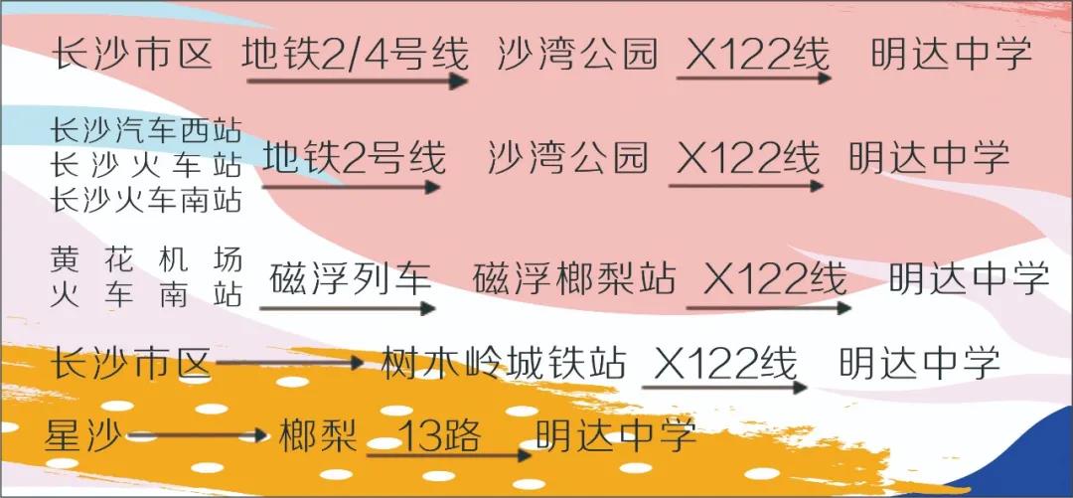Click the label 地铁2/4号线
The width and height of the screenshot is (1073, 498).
click(x=355, y=54)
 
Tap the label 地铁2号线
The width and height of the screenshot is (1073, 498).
click(x=354, y=158)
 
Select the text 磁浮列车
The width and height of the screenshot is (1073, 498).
click(x=351, y=278)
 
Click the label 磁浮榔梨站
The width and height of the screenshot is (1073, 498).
click(x=573, y=278)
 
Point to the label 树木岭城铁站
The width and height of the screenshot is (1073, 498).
click(x=503, y=363)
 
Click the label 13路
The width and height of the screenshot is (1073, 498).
click(x=441, y=435)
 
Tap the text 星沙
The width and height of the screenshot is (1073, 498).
click(x=82, y=435)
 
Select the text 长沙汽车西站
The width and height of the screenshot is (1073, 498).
click(x=146, y=131)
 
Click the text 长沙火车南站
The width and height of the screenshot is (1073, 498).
click(x=146, y=200)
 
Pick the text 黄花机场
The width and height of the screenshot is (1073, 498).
click(x=146, y=260)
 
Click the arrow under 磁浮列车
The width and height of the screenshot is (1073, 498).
click(x=347, y=308)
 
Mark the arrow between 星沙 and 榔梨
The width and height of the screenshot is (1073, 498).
click(x=197, y=435)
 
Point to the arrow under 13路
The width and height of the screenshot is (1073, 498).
click(x=449, y=455)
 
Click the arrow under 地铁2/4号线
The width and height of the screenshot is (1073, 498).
click(x=358, y=82)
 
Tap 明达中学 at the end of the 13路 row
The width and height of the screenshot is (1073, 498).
click(x=616, y=435)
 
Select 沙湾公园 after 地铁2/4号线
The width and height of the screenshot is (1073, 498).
click(x=577, y=54)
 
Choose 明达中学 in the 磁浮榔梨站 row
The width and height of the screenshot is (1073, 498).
click(x=969, y=278)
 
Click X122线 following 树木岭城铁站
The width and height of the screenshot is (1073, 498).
click(x=725, y=363)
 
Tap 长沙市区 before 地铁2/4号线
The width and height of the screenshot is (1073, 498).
click(x=133, y=54)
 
